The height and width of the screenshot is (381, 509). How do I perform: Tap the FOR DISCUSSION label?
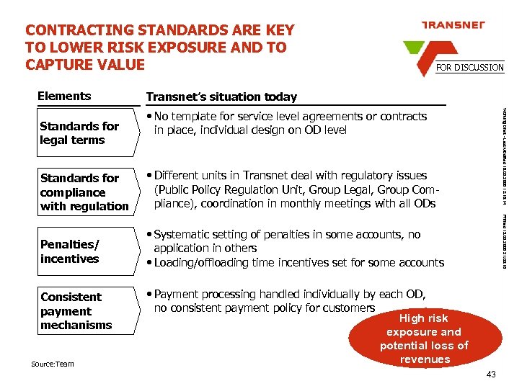[x=469, y=67]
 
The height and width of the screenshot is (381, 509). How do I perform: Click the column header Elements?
[x=64, y=96]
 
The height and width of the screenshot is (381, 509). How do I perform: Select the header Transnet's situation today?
[x=221, y=97]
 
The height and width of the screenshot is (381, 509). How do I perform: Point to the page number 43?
[x=491, y=373]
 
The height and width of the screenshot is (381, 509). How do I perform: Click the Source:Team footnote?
[x=52, y=364]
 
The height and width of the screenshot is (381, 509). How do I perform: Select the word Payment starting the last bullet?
[x=176, y=294]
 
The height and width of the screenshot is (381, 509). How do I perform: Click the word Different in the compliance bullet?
[x=179, y=175]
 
